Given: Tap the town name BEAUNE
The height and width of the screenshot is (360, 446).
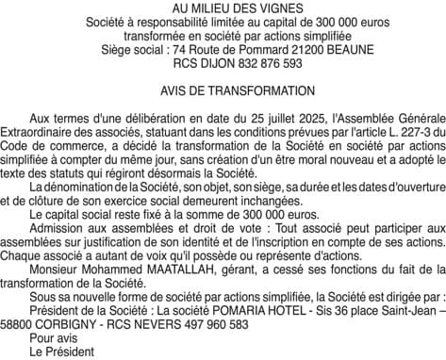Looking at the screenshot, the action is (327, 49).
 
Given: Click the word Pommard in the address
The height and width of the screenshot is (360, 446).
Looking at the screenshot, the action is (227, 49).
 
